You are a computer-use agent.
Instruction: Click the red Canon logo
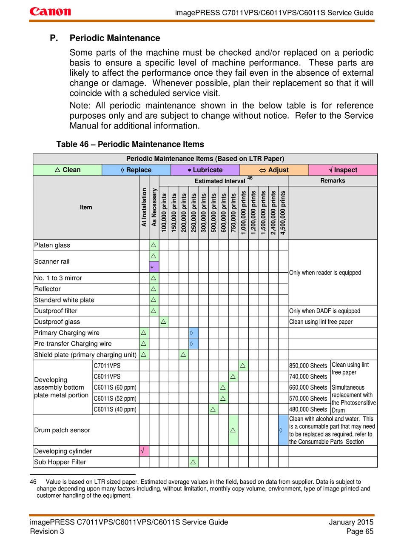(50, 11)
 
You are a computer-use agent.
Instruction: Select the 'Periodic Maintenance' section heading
(115, 38)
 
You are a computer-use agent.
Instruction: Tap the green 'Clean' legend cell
(68, 170)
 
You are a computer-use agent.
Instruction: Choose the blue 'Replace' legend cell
(136, 170)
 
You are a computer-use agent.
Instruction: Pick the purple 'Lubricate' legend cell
(205, 170)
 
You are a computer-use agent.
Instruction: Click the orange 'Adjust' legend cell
(274, 170)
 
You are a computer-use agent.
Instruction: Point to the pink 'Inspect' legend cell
(343, 170)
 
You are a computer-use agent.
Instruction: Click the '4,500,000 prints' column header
(283, 213)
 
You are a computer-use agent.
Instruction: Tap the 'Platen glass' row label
(52, 245)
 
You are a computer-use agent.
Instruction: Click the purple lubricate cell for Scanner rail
(154, 267)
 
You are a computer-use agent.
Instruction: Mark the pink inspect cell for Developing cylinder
(144, 451)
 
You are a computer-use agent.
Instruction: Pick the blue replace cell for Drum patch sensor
(283, 430)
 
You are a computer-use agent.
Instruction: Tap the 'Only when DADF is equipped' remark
(324, 311)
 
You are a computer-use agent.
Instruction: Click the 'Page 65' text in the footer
(360, 531)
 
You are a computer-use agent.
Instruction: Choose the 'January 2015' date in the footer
(351, 522)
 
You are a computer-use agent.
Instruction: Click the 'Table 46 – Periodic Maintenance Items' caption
(130, 144)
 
